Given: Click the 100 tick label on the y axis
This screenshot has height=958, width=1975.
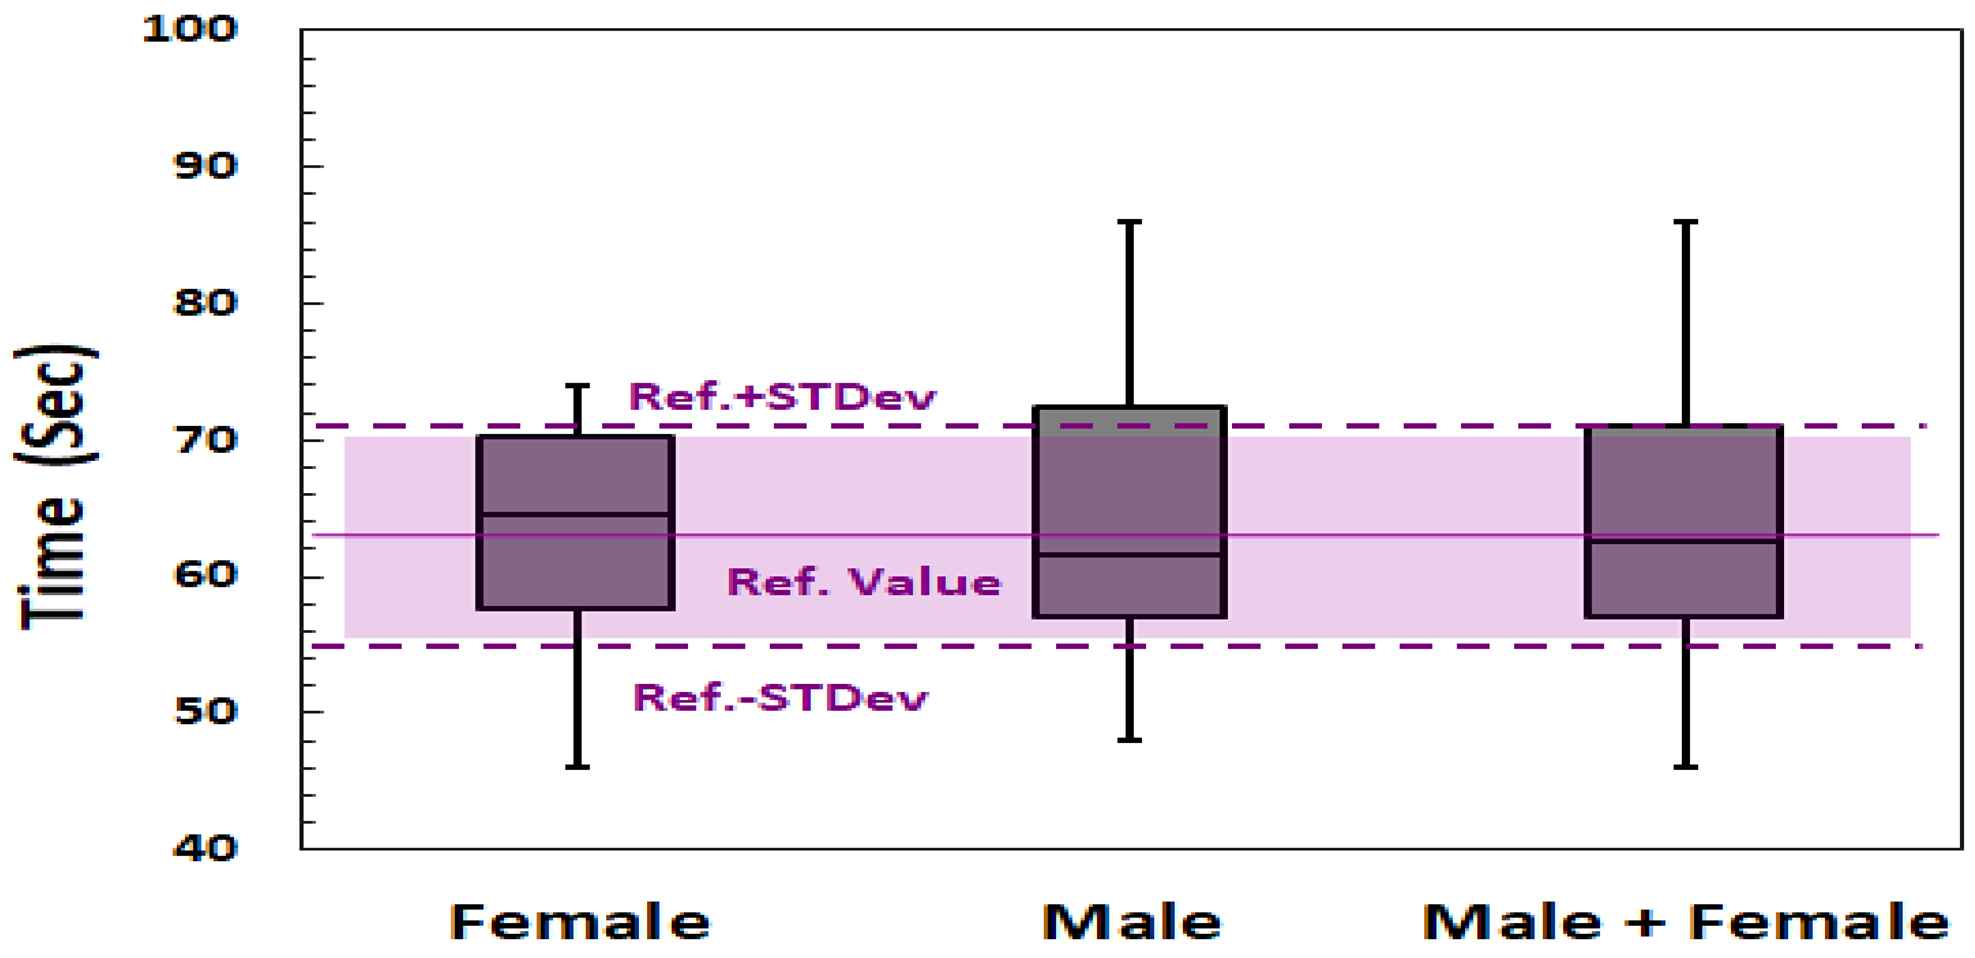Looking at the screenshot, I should pyautogui.click(x=190, y=29).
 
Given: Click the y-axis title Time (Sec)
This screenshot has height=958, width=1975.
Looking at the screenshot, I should pyautogui.click(x=55, y=488).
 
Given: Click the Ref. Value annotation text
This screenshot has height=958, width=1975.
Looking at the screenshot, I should pyautogui.click(x=864, y=582).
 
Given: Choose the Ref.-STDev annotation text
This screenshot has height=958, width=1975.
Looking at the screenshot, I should pyautogui.click(x=780, y=698).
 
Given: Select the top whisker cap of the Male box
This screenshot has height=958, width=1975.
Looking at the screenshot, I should pyautogui.click(x=1129, y=222).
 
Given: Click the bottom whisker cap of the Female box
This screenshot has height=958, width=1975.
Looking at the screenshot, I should pyautogui.click(x=577, y=766).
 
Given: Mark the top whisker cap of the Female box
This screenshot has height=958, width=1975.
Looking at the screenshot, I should pyautogui.click(x=577, y=386).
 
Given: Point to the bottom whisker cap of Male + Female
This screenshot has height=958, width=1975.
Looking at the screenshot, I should pyautogui.click(x=1685, y=766).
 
